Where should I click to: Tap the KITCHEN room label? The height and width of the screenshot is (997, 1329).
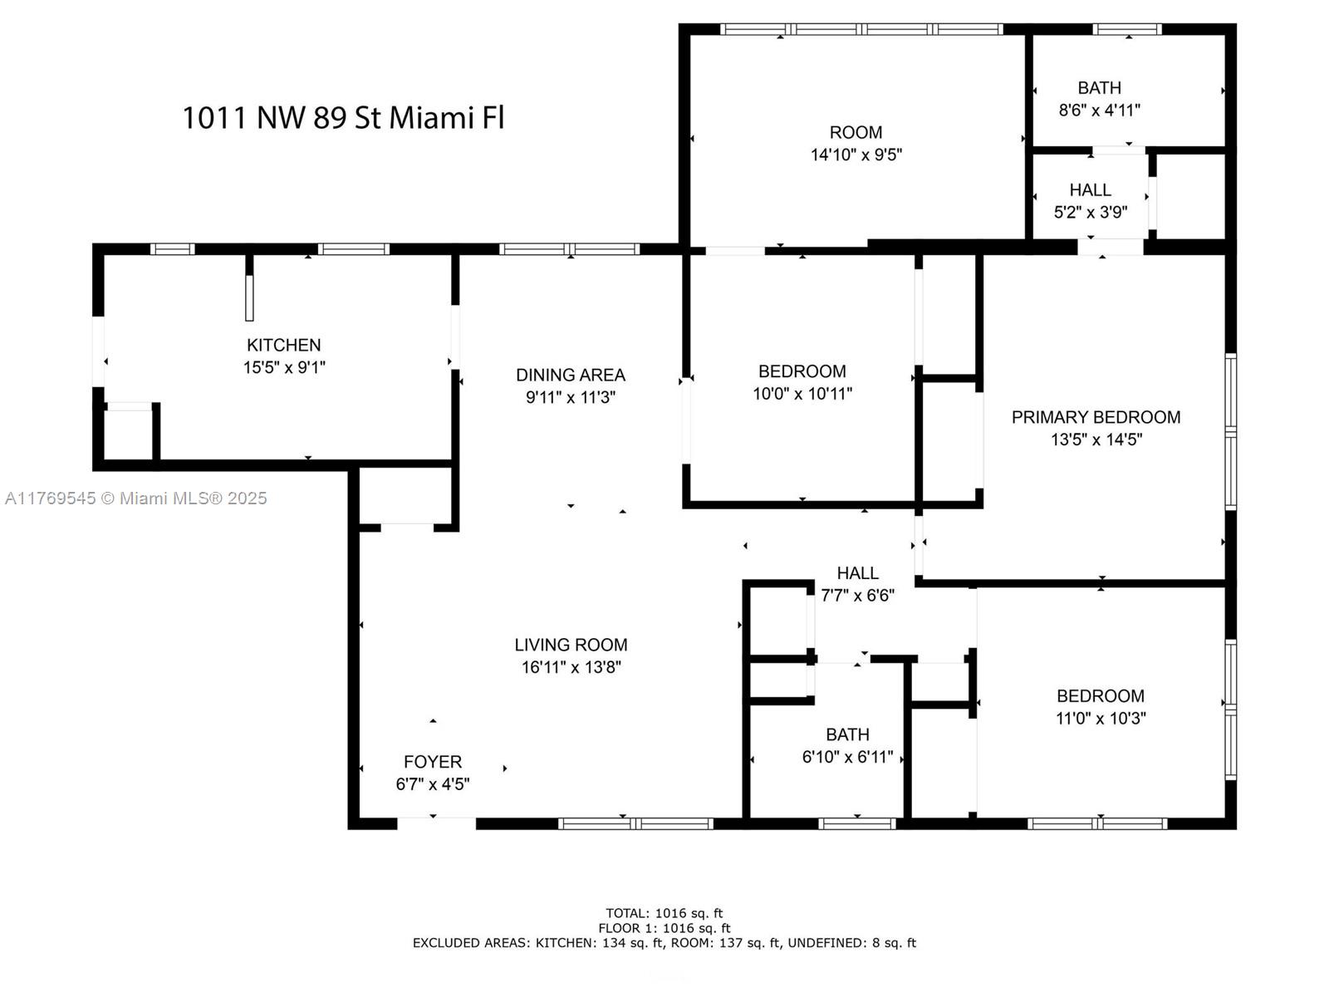tap(283, 345)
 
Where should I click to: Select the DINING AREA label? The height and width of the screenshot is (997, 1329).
tap(571, 376)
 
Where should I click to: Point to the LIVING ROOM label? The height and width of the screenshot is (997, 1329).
tap(571, 645)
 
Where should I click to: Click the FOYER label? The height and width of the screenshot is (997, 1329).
tap(432, 762)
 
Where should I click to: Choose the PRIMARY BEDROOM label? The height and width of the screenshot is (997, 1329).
tap(1096, 417)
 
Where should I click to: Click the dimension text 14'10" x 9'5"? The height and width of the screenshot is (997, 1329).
tap(856, 155)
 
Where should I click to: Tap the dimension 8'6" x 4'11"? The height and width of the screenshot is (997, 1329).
tap(1099, 111)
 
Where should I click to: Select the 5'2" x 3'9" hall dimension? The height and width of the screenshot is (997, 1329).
tap(1090, 213)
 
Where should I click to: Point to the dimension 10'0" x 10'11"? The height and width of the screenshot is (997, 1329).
tap(802, 394)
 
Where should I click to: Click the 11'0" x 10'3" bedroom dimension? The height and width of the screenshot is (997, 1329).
tap(1100, 719)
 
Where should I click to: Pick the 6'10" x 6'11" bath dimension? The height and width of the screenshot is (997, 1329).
tap(847, 757)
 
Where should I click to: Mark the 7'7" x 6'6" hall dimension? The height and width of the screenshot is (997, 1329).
tap(857, 596)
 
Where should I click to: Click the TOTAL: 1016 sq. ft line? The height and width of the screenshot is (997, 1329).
tap(664, 913)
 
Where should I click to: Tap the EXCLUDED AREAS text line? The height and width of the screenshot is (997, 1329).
tap(664, 943)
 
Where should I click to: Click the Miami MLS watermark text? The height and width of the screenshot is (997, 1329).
tap(135, 498)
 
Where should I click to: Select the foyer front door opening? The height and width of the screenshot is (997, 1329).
tap(437, 823)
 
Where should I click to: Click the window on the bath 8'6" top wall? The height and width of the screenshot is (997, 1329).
tap(1127, 29)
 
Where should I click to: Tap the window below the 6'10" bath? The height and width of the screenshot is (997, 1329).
tap(856, 823)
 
